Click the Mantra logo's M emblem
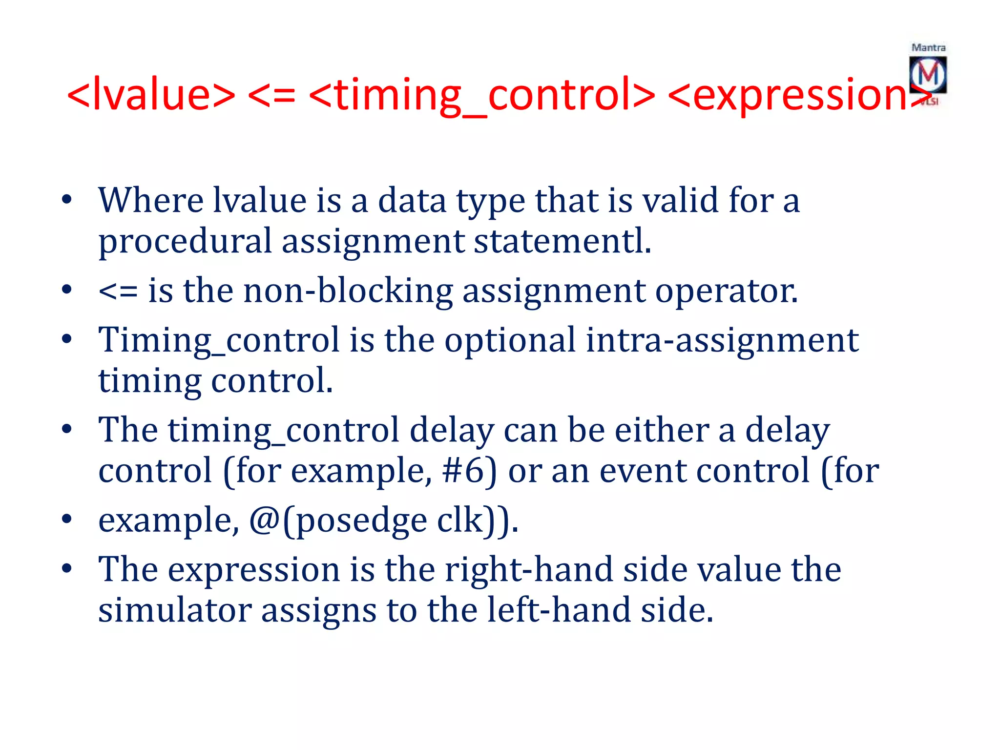point(928,75)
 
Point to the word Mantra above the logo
point(928,48)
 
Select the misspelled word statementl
point(562,241)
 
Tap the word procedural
point(185,241)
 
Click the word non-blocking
point(348,291)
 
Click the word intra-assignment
point(722,340)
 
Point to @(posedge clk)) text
point(384,521)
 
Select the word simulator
point(175,610)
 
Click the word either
point(661,430)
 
